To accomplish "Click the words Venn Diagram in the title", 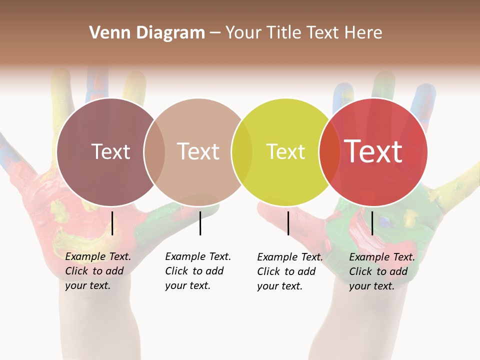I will (x=147, y=33).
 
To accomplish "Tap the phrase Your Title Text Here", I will (x=303, y=33).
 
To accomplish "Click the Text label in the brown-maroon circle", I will (x=110, y=151).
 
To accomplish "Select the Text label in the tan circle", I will (x=198, y=151).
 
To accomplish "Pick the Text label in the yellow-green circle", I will (x=285, y=151).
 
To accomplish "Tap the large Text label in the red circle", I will (x=373, y=151).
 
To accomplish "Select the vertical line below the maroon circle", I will (x=112, y=223).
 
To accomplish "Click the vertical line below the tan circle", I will (x=200, y=223).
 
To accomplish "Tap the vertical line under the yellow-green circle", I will (x=288, y=223).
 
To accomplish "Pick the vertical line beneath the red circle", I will (x=372, y=223).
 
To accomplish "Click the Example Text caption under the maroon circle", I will (x=97, y=271).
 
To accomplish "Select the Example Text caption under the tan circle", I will (x=197, y=271).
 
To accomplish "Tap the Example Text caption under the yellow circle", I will (x=289, y=271).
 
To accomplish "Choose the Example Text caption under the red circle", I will (x=381, y=271).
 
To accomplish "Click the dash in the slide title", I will (x=215, y=33).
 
